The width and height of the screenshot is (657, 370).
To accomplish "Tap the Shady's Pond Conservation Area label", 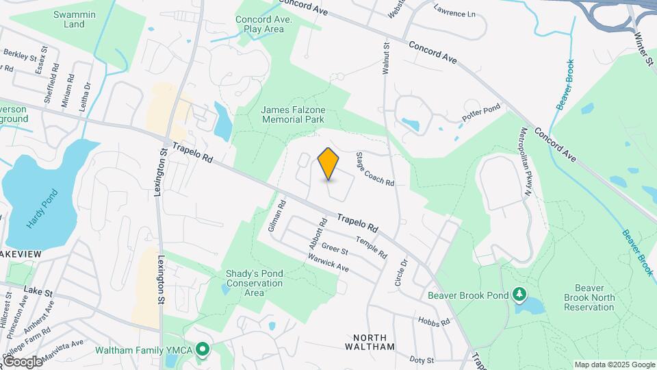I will pyautogui.click(x=255, y=283).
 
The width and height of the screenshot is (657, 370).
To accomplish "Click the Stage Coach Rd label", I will pyautogui.click(x=374, y=169).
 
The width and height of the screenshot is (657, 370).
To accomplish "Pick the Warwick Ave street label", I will pyautogui.click(x=328, y=263).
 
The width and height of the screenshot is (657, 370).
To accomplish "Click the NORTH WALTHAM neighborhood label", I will pyautogui.click(x=374, y=342).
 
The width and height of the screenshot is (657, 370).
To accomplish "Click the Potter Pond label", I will pyautogui.click(x=482, y=114).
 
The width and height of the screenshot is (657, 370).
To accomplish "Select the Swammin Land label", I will pyautogui.click(x=68, y=19).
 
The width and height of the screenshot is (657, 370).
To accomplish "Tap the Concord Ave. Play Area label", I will pyautogui.click(x=263, y=25).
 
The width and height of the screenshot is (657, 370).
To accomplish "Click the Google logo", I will pyautogui.click(x=23, y=361).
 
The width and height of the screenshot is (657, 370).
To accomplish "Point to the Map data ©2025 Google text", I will pyautogui.click(x=615, y=365).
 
